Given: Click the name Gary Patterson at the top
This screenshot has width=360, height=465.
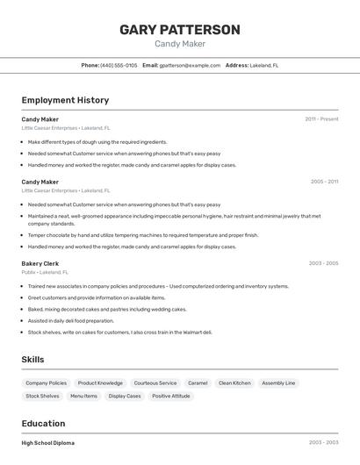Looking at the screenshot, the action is coord(180,30).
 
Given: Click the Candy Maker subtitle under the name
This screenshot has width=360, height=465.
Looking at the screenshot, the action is coord(180,44).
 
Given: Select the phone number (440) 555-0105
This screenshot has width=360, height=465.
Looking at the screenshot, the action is coord(119,65).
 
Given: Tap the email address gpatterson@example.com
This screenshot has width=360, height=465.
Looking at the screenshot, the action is coord(190,65).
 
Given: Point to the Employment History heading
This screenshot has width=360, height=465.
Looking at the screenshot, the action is coord(65,101).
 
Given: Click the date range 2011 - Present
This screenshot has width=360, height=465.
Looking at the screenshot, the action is coord(321,119).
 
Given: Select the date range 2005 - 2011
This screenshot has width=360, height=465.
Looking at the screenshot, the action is coord(324,182).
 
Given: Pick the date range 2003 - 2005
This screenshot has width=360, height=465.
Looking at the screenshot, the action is coord(323,263).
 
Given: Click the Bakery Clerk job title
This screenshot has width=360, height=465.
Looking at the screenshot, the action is coord(40,263).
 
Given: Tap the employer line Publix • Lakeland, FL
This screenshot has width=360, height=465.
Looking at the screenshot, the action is coord(45,272).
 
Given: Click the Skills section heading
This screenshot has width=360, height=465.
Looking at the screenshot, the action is coord(33,360).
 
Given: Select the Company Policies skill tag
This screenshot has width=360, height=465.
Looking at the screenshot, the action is coord(46,383).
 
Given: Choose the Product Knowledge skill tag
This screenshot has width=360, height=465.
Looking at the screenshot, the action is coord(100,383).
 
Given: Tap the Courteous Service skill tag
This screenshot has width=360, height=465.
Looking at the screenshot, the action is coord(155,383).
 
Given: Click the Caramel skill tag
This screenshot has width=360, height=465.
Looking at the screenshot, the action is coord(198,383).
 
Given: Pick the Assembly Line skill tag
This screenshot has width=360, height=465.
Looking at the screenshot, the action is coord(278,383).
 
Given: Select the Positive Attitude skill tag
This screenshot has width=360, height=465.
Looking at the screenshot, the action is coord(170,396).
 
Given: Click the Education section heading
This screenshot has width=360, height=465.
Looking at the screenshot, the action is coord(44,423).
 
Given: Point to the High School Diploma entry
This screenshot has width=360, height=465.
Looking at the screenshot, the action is coord(48,443).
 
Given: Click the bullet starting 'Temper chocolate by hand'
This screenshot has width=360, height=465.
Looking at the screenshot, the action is coord(142,235).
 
